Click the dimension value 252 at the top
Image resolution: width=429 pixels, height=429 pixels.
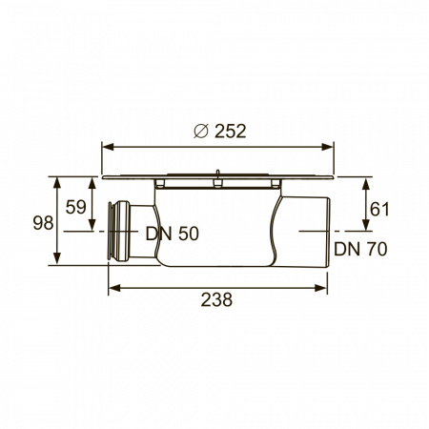[228, 132]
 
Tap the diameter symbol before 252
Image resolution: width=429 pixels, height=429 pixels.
[199, 132]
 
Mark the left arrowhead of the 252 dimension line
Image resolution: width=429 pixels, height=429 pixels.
[106, 147]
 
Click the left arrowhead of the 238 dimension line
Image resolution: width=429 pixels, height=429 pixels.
[113, 284]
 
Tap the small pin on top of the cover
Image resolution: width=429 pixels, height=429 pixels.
[218, 174]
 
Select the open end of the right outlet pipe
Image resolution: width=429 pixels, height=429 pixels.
[328, 232]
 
